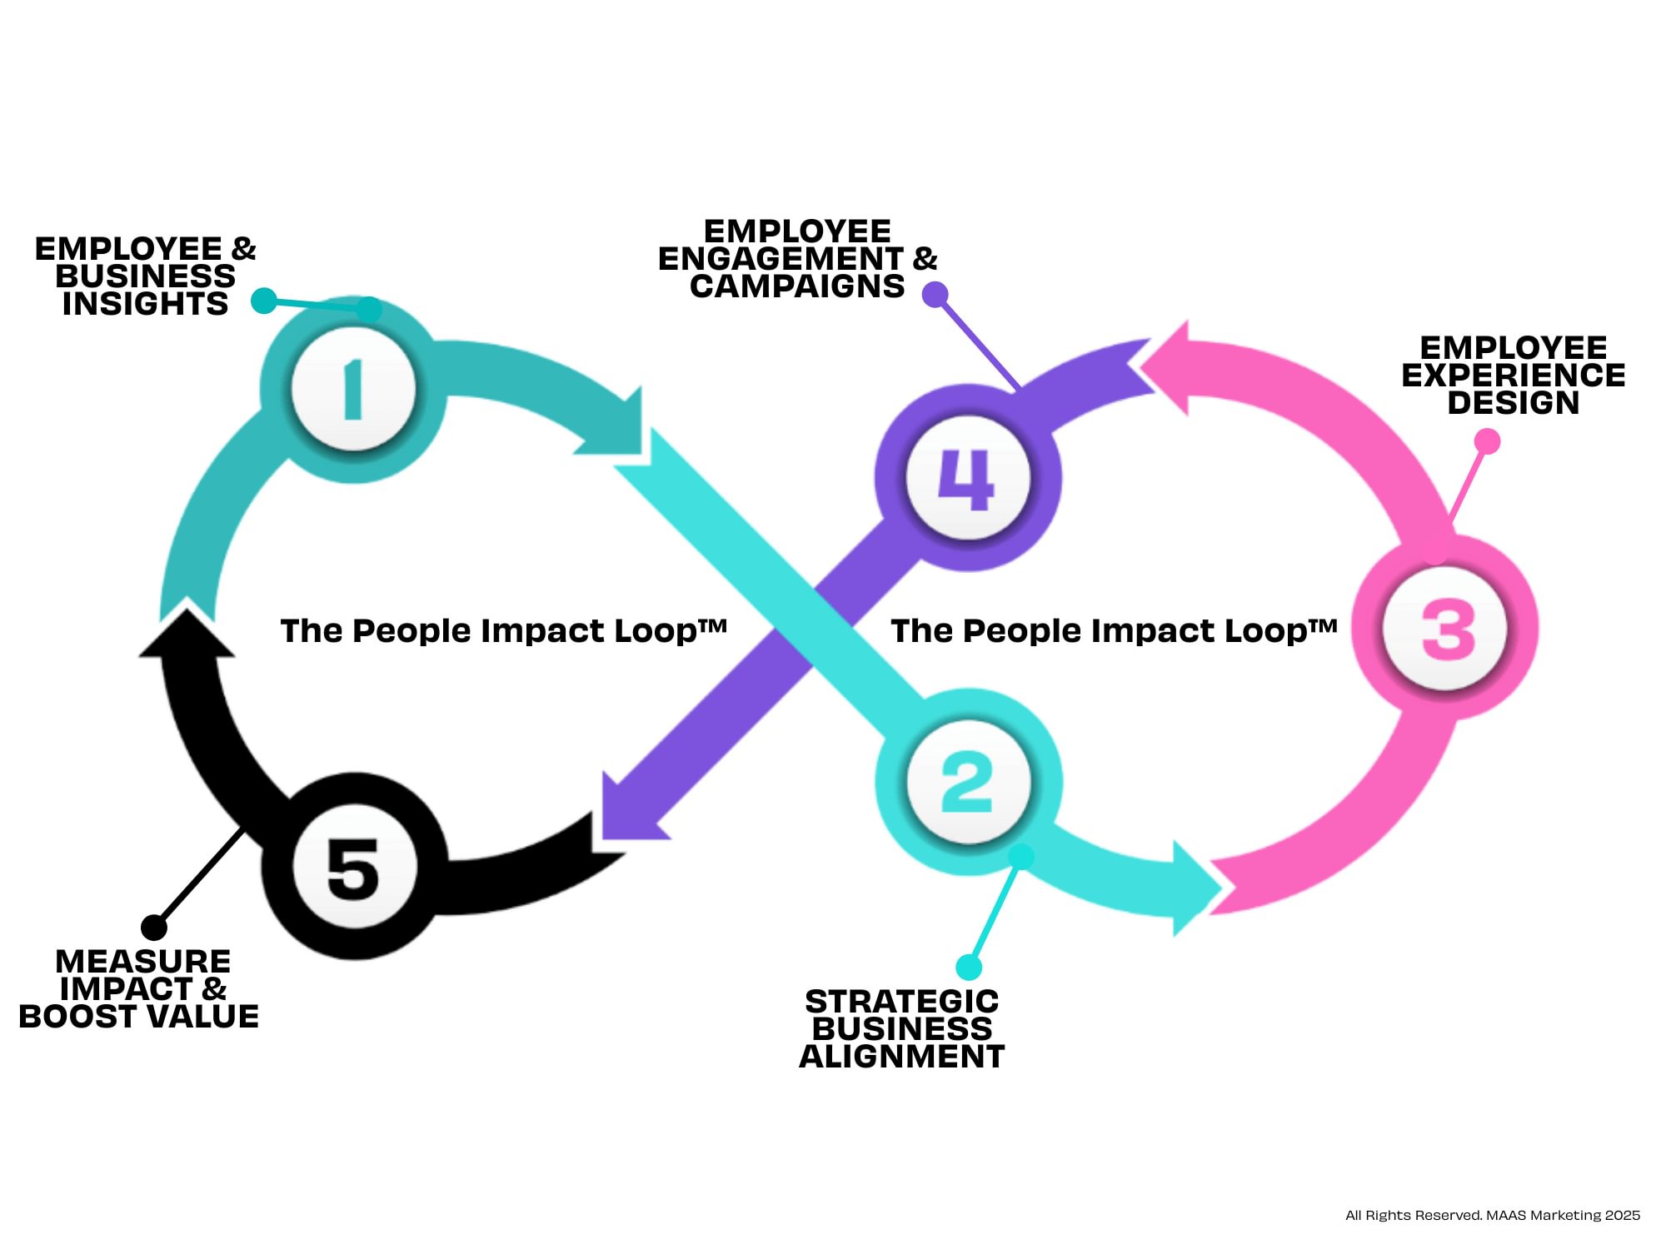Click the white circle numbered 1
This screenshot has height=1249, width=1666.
353,389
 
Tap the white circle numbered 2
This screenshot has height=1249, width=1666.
968,782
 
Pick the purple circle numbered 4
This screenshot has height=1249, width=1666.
968,479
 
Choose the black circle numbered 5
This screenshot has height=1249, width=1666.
354,867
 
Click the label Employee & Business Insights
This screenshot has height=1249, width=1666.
146,276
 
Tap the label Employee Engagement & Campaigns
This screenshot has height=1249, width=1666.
797,259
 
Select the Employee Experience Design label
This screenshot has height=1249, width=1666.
1513,376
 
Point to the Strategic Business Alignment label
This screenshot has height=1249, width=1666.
902,1029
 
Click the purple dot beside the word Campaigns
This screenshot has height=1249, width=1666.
935,294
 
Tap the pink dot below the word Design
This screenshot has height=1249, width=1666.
1487,440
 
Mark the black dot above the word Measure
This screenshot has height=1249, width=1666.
154,927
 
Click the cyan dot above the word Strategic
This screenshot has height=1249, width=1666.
969,967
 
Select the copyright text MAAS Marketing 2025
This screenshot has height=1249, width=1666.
1493,1215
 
